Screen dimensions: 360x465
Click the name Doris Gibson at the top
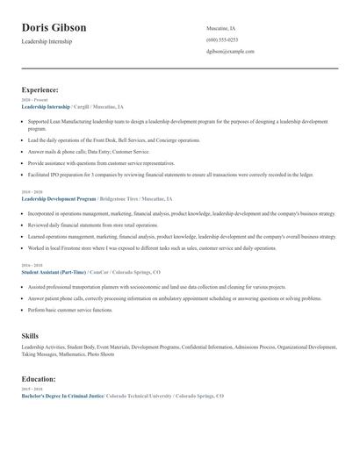54,27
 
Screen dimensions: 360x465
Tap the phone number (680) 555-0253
221,39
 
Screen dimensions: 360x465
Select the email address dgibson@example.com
230,52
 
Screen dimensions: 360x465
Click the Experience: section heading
40,89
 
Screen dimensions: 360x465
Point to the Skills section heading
30,336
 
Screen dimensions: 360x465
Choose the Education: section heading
39,379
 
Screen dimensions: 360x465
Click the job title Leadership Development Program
59,199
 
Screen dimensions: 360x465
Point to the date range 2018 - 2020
31,192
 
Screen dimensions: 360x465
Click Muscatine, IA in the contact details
220,28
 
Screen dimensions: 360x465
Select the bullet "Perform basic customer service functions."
70,311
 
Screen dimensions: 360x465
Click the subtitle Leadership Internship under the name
48,42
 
